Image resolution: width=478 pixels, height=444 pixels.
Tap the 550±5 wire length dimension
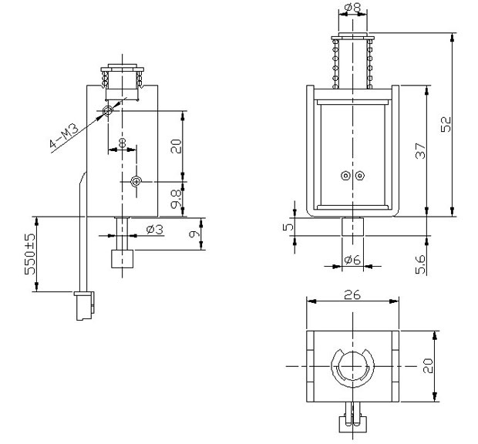pos(30,254)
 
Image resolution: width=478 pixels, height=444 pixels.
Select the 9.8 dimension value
pos(176,200)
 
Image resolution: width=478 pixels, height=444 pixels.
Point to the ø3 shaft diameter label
pos(154,230)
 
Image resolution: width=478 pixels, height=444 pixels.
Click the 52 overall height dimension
pos(446,124)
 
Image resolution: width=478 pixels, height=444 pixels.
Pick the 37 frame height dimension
pos(420,150)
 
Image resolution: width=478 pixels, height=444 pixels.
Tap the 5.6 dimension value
pos(420,264)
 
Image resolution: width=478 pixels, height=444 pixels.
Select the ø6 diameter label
pos(352,260)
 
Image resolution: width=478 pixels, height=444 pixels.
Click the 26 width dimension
pos(352,294)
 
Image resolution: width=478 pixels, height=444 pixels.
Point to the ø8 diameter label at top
pos(352,7)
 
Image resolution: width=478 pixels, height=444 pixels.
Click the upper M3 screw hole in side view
pos(108,111)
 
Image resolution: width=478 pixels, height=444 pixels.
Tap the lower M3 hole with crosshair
pos(136,182)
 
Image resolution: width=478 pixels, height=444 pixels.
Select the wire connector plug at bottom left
pos(84,306)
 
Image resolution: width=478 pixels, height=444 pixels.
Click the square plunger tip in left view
pos(123,259)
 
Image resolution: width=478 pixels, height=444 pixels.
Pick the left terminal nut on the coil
pos(345,176)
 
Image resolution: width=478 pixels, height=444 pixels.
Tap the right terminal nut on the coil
pos(360,176)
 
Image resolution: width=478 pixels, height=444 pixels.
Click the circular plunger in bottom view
pos(352,366)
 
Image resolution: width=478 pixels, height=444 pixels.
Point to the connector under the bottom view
pos(352,417)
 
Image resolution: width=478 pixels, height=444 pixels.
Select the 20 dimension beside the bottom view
pos(428,365)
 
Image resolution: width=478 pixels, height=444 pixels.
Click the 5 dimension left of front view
pos(288,227)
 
